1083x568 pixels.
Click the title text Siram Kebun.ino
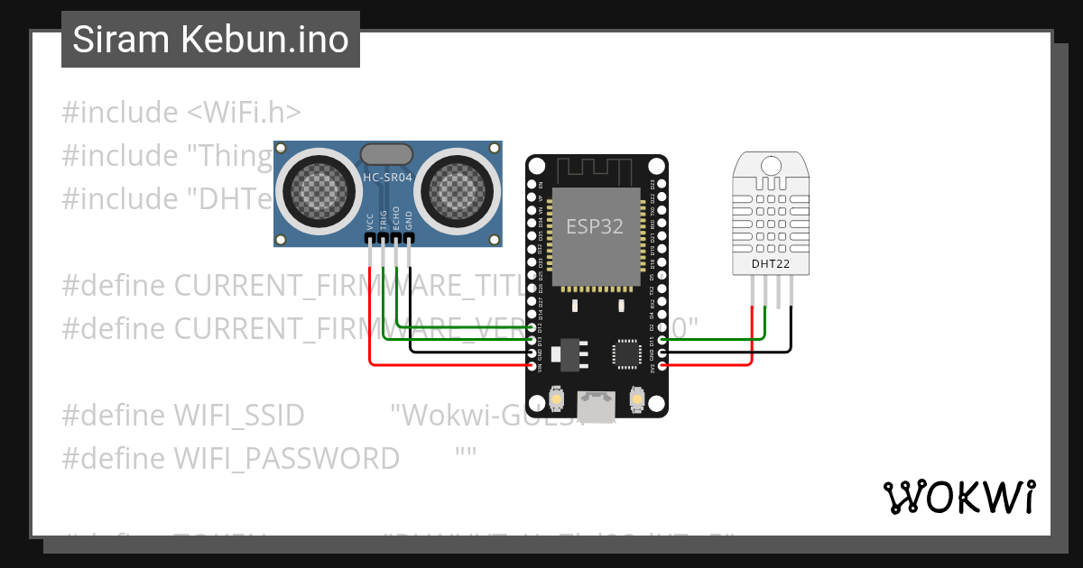point(210,40)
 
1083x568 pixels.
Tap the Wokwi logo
point(958,497)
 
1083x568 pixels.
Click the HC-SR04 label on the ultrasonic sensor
point(387,178)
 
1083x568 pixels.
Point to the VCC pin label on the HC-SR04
point(370,222)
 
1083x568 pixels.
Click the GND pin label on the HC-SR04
point(409,222)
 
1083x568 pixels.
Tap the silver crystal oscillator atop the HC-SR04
point(387,154)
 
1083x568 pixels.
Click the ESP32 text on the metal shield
point(595,226)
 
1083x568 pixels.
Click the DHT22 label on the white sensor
point(771,264)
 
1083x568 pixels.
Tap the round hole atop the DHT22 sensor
point(772,166)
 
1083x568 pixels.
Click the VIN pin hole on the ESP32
point(532,365)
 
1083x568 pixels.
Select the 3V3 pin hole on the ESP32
point(663,365)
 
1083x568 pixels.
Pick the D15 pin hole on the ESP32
point(663,340)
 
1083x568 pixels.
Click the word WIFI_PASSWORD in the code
point(286,459)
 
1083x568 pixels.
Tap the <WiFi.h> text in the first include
point(244,113)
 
